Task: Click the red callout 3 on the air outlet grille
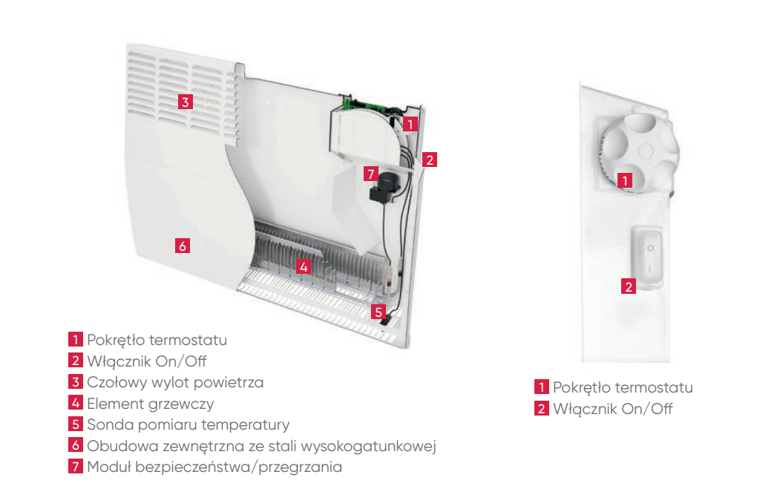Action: point(186,102)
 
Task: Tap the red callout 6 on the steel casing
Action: point(183,246)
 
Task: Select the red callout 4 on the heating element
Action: point(304,266)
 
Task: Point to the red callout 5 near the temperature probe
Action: point(378,312)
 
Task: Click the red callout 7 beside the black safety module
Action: point(371,174)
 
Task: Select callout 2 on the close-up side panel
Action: point(629,286)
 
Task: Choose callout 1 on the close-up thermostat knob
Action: point(625,180)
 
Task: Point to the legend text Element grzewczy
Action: point(150,404)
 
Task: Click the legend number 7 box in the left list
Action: point(75,466)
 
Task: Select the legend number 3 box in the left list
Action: point(75,382)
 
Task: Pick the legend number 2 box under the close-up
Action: point(541,408)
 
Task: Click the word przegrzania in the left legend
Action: point(300,467)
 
